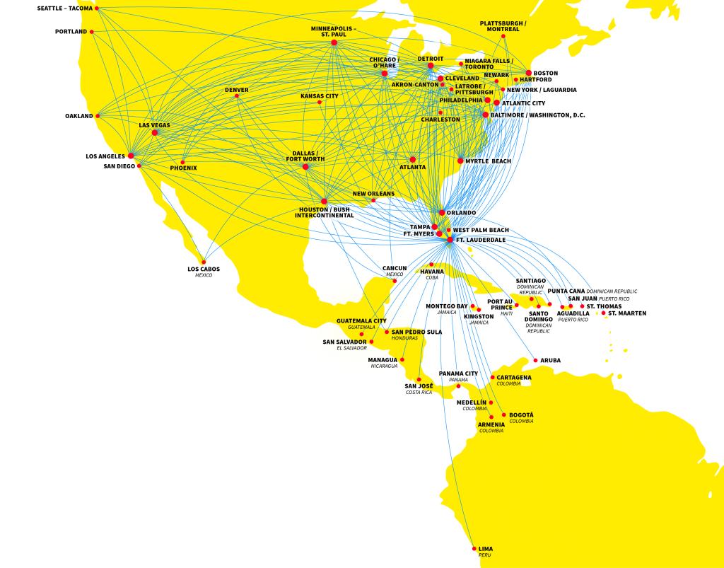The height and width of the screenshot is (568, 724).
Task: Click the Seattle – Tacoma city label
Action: pyautogui.click(x=65, y=8)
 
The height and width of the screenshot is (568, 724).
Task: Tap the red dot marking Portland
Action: pyautogui.click(x=93, y=32)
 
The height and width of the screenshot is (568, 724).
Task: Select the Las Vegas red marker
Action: pyautogui.click(x=154, y=133)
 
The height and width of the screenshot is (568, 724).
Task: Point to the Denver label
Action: pyautogui.click(x=237, y=90)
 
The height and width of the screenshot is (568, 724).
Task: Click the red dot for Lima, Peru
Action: pyautogui.click(x=474, y=548)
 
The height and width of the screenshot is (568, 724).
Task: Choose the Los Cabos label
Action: pyautogui.click(x=204, y=269)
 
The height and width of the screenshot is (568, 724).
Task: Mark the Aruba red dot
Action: pyautogui.click(x=535, y=360)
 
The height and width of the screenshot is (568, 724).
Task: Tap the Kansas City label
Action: pyautogui.click(x=320, y=95)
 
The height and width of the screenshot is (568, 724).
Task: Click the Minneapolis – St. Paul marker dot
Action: pyautogui.click(x=334, y=42)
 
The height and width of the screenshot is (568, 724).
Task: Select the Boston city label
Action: pyautogui.click(x=545, y=73)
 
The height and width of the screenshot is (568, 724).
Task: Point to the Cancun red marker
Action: pyautogui.click(x=395, y=281)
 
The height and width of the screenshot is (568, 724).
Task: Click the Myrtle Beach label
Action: pyautogui.click(x=488, y=161)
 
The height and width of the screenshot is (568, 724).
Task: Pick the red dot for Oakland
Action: pyautogui.click(x=98, y=116)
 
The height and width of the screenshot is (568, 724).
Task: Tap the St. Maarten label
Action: pyautogui.click(x=626, y=313)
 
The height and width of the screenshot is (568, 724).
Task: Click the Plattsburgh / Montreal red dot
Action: pyautogui.click(x=503, y=36)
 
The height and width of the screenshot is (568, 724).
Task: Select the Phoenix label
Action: pyautogui.click(x=183, y=168)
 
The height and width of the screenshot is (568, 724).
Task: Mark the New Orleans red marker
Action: pyautogui.click(x=373, y=200)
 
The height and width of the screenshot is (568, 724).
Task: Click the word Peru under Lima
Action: pyautogui.click(x=484, y=555)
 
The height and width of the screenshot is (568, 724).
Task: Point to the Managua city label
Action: pyautogui.click(x=383, y=359)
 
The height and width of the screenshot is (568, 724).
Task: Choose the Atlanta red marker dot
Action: pyautogui.click(x=412, y=159)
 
